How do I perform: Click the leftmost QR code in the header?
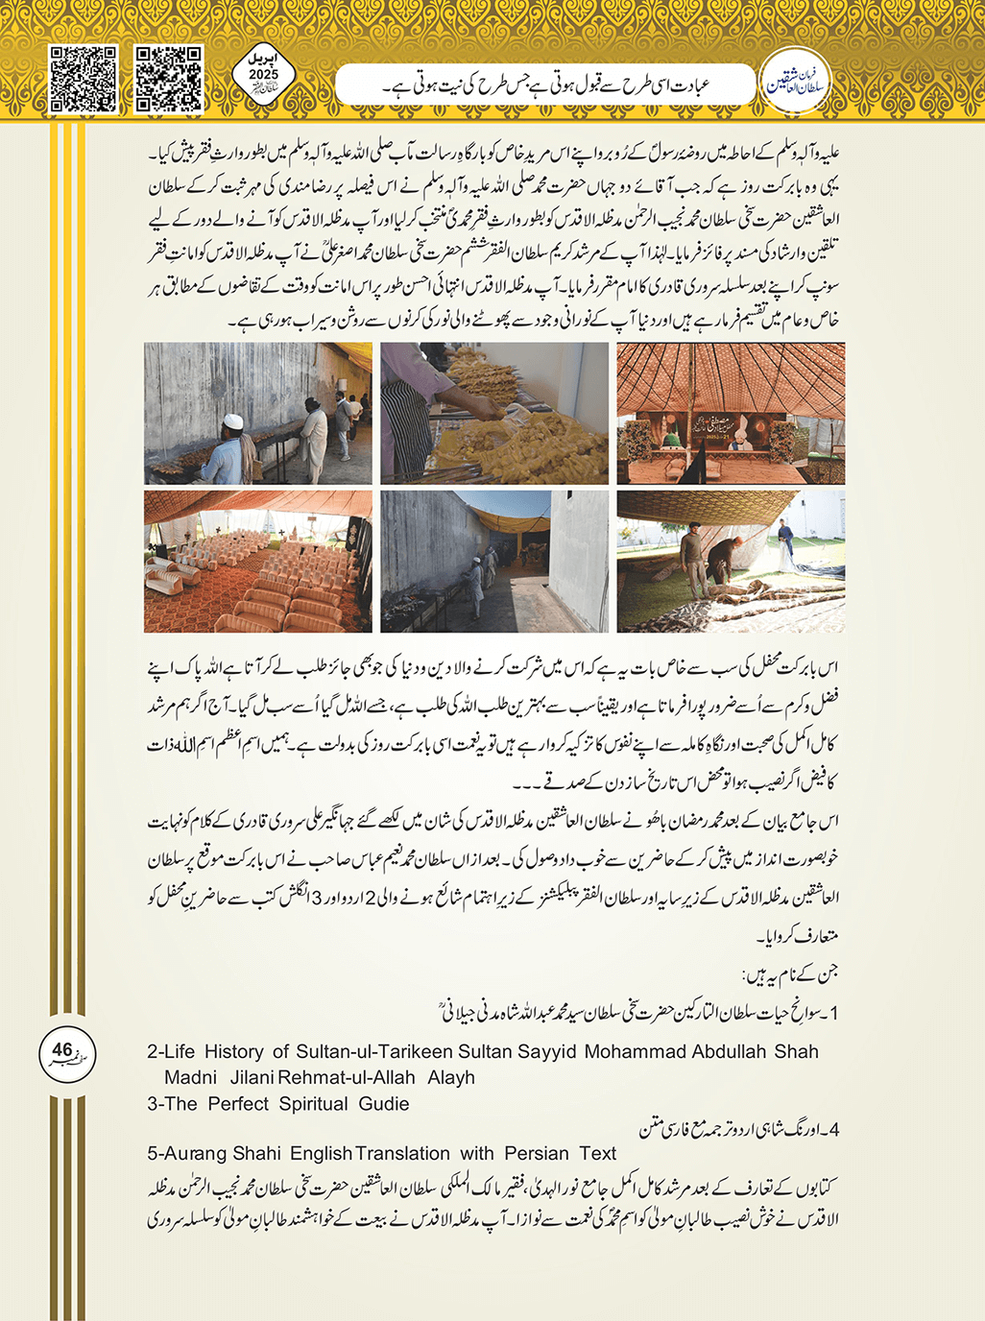tap(84, 79)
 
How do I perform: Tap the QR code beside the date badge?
tap(169, 79)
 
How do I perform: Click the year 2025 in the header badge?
tap(263, 75)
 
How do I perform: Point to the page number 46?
tap(62, 1050)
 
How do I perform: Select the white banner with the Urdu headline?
tap(545, 84)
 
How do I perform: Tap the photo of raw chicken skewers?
tap(494, 413)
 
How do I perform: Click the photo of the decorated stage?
tap(731, 413)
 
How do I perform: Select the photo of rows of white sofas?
tap(258, 561)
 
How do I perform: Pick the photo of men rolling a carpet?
tap(731, 561)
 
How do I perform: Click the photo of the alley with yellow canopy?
tap(494, 561)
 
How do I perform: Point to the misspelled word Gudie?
tap(384, 1104)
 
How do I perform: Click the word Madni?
tap(190, 1077)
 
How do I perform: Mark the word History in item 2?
tap(234, 1051)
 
